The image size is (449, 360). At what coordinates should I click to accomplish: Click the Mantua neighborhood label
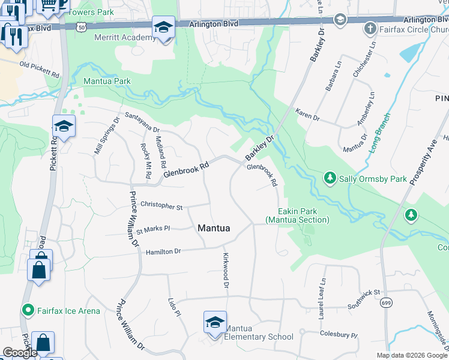point(214,228)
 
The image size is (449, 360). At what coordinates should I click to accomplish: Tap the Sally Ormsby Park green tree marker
point(330,178)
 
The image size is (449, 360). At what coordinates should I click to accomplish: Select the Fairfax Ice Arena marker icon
point(27,310)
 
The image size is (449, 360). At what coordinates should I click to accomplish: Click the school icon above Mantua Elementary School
point(215,322)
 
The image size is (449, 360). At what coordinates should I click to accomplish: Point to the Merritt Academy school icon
point(163,28)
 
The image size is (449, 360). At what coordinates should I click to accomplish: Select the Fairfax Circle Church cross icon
point(370,28)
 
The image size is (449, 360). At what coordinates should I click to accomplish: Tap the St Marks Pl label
point(154,229)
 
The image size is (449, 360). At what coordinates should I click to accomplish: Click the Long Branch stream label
point(379,133)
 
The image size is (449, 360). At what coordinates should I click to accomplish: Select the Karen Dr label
point(307,114)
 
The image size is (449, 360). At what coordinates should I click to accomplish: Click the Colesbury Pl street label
point(339,335)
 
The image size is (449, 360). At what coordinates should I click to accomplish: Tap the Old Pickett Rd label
point(39,70)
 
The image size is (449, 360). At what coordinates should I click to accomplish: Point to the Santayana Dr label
point(142,122)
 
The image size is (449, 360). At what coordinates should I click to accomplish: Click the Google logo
point(20,353)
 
